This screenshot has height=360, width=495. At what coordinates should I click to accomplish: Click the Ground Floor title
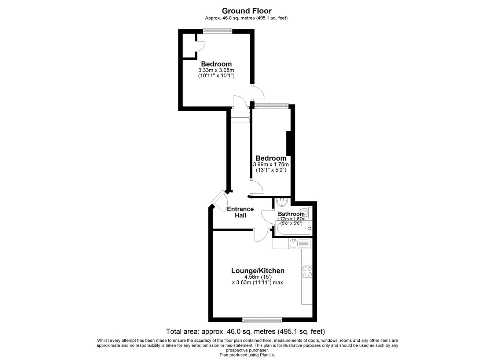pyautogui.click(x=247, y=11)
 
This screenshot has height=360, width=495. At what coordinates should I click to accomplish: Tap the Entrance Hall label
pyautogui.click(x=241, y=212)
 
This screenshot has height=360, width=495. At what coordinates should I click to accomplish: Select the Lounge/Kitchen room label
pyautogui.click(x=258, y=271)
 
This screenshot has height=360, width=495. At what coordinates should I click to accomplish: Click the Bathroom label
pyautogui.click(x=291, y=214)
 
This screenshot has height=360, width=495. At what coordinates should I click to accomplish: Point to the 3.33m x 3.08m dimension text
pyautogui.click(x=216, y=70)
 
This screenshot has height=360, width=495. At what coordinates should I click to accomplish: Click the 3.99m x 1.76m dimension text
pyautogui.click(x=271, y=165)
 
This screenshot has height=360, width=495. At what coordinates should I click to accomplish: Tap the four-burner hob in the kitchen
pyautogui.click(x=307, y=272)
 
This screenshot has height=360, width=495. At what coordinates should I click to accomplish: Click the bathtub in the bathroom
pyautogui.click(x=293, y=228)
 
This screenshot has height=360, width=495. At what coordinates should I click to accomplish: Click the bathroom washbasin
pyautogui.click(x=282, y=202)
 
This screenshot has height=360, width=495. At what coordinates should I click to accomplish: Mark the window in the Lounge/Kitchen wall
pyautogui.click(x=262, y=320)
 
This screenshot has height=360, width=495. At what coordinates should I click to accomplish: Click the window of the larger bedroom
pyautogui.click(x=217, y=31)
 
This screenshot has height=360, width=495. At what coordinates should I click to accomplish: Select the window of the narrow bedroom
pyautogui.click(x=271, y=106)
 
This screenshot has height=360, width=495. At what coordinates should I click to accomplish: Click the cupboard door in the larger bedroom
pyautogui.click(x=201, y=47)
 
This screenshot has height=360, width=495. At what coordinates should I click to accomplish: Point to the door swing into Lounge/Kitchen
pyautogui.click(x=262, y=235)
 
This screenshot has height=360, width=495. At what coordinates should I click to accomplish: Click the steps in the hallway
pyautogui.click(x=240, y=117)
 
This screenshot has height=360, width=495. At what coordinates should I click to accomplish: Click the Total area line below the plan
pyautogui.click(x=245, y=331)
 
